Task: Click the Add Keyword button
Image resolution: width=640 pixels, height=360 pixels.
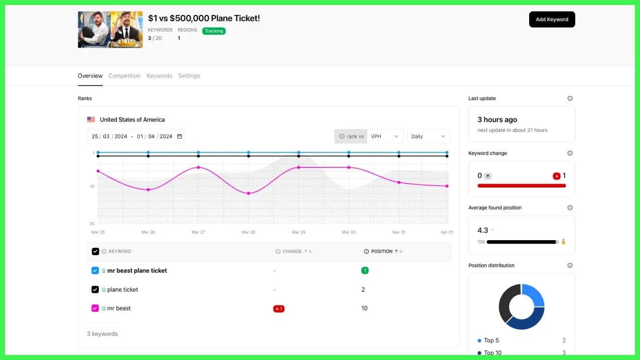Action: pyautogui.click(x=552, y=20)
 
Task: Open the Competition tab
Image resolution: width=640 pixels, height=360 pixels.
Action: pyautogui.click(x=124, y=76)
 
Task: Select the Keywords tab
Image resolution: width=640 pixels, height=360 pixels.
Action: pyautogui.click(x=159, y=76)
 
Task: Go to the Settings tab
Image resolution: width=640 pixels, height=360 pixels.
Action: pyautogui.click(x=189, y=76)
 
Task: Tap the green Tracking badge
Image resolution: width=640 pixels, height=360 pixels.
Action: pyautogui.click(x=214, y=31)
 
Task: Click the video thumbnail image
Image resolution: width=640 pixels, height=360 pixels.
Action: pyautogui.click(x=110, y=30)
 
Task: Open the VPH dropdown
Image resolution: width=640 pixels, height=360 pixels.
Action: pyautogui.click(x=385, y=136)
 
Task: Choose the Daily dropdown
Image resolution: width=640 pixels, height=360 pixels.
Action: pyautogui.click(x=428, y=136)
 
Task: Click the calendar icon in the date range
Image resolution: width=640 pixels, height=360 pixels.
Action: pyautogui.click(x=180, y=136)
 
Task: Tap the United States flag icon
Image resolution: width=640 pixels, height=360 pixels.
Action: pyautogui.click(x=91, y=120)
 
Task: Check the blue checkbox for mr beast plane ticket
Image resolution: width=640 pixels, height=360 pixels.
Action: pyautogui.click(x=95, y=271)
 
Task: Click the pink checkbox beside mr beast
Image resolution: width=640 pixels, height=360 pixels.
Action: pyautogui.click(x=95, y=308)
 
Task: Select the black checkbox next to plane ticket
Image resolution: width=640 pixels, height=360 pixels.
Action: pyautogui.click(x=95, y=290)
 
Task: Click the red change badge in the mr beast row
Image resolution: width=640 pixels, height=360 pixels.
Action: pyautogui.click(x=279, y=309)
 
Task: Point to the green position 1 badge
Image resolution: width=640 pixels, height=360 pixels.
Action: pyautogui.click(x=365, y=271)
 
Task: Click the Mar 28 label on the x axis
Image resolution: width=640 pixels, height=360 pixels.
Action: pyautogui.click(x=248, y=232)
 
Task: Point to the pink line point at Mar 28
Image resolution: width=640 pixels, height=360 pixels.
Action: pyautogui.click(x=248, y=194)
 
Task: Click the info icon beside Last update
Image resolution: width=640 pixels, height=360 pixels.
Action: pyautogui.click(x=570, y=98)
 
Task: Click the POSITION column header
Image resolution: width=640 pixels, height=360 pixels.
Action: pyautogui.click(x=382, y=251)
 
